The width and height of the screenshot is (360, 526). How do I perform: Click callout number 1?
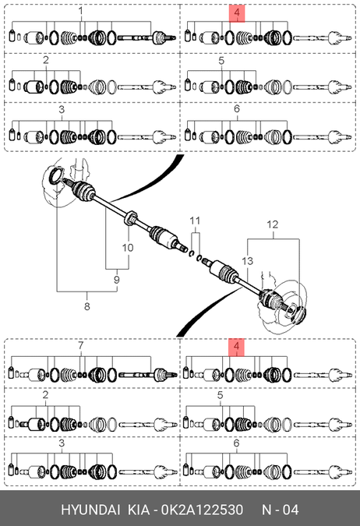click(x=80, y=12)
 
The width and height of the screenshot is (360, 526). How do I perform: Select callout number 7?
click(x=80, y=345)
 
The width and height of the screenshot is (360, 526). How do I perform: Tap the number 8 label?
click(x=87, y=306)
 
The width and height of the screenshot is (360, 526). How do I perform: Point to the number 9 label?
click(x=116, y=280)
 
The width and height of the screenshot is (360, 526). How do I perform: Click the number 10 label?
click(x=128, y=248)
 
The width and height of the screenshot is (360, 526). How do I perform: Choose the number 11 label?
click(x=195, y=221)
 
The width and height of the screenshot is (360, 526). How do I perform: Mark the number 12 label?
click(x=273, y=224)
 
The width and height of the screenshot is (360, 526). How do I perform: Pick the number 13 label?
click(x=247, y=260)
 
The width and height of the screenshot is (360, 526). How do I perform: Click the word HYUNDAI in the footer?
click(x=90, y=510)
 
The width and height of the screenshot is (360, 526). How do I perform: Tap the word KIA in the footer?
click(x=139, y=510)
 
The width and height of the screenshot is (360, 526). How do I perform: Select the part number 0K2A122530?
click(x=202, y=510)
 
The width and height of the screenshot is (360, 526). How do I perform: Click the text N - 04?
click(x=281, y=510)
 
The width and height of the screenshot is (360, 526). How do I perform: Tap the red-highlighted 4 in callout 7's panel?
click(x=237, y=348)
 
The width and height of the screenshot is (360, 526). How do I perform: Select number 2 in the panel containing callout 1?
click(x=46, y=60)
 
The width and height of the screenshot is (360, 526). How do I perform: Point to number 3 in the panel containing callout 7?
click(x=62, y=443)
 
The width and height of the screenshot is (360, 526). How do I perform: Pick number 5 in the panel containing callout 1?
click(x=221, y=61)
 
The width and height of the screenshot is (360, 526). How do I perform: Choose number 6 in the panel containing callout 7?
click(x=237, y=443)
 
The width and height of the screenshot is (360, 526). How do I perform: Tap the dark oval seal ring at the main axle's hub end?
click(x=55, y=176)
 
